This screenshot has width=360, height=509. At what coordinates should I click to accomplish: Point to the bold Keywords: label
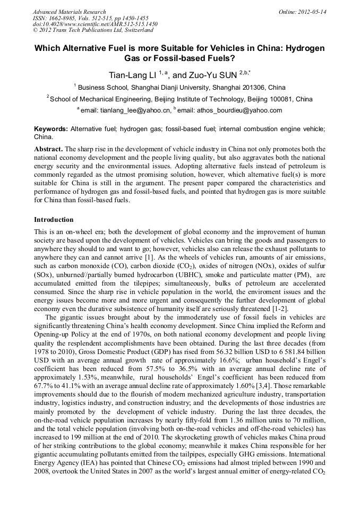click(x=51, y=129)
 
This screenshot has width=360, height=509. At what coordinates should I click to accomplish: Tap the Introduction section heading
click(x=54, y=219)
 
